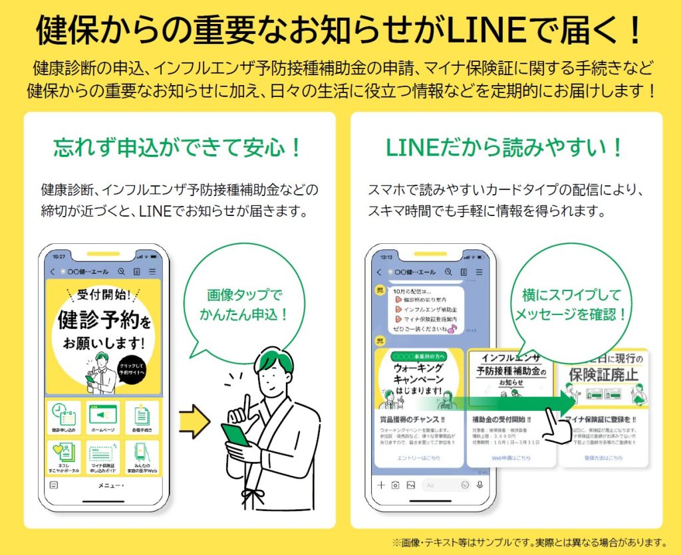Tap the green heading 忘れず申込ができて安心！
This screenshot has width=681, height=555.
[x=178, y=147]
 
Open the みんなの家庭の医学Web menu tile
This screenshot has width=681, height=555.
[x=141, y=457]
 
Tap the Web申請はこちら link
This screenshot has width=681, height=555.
[x=511, y=458]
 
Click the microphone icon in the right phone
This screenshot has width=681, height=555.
[x=479, y=485]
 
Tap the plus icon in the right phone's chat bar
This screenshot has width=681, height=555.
[x=381, y=485]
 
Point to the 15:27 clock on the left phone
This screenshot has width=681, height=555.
[x=59, y=256]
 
